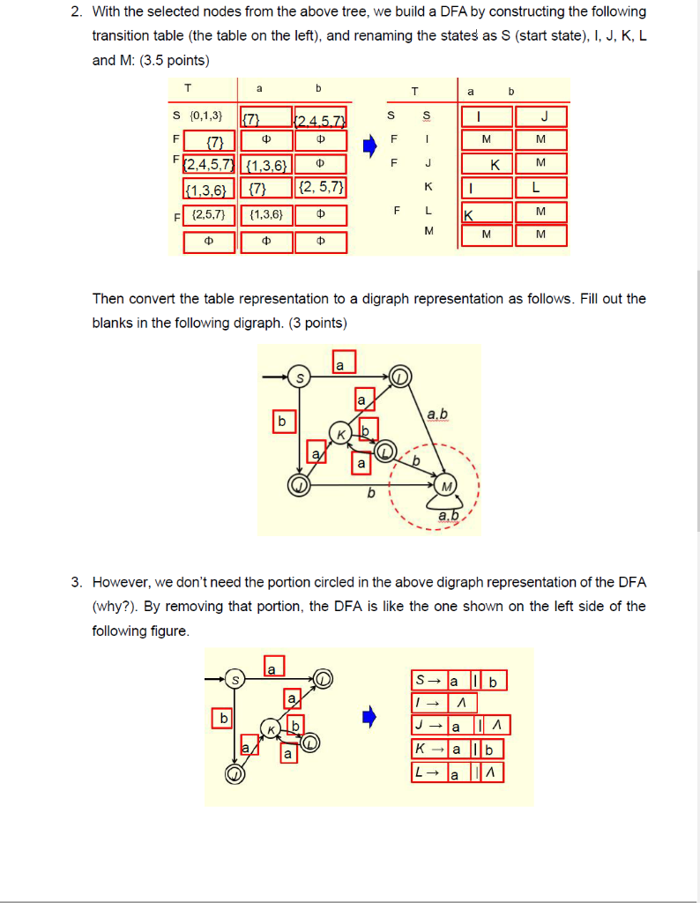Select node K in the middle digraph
[x=339, y=432]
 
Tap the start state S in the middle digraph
[x=301, y=377]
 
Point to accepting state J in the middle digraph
[x=300, y=484]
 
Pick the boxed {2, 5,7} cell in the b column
[x=321, y=187]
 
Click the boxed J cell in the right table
[x=544, y=116]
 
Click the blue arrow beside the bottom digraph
[x=372, y=717]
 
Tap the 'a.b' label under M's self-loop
[x=450, y=515]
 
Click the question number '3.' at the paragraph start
[x=78, y=582]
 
